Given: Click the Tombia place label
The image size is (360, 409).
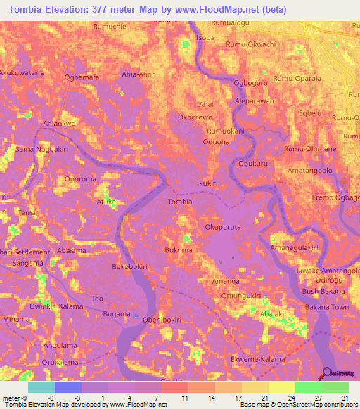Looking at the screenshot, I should coord(180,202).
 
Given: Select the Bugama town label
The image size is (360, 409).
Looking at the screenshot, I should coord(117,313).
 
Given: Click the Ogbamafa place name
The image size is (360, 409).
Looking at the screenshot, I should coord(80,77).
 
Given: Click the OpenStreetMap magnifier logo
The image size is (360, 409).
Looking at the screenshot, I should coord(327,372).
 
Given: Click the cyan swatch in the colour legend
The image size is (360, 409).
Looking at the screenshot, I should coord(41,387).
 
